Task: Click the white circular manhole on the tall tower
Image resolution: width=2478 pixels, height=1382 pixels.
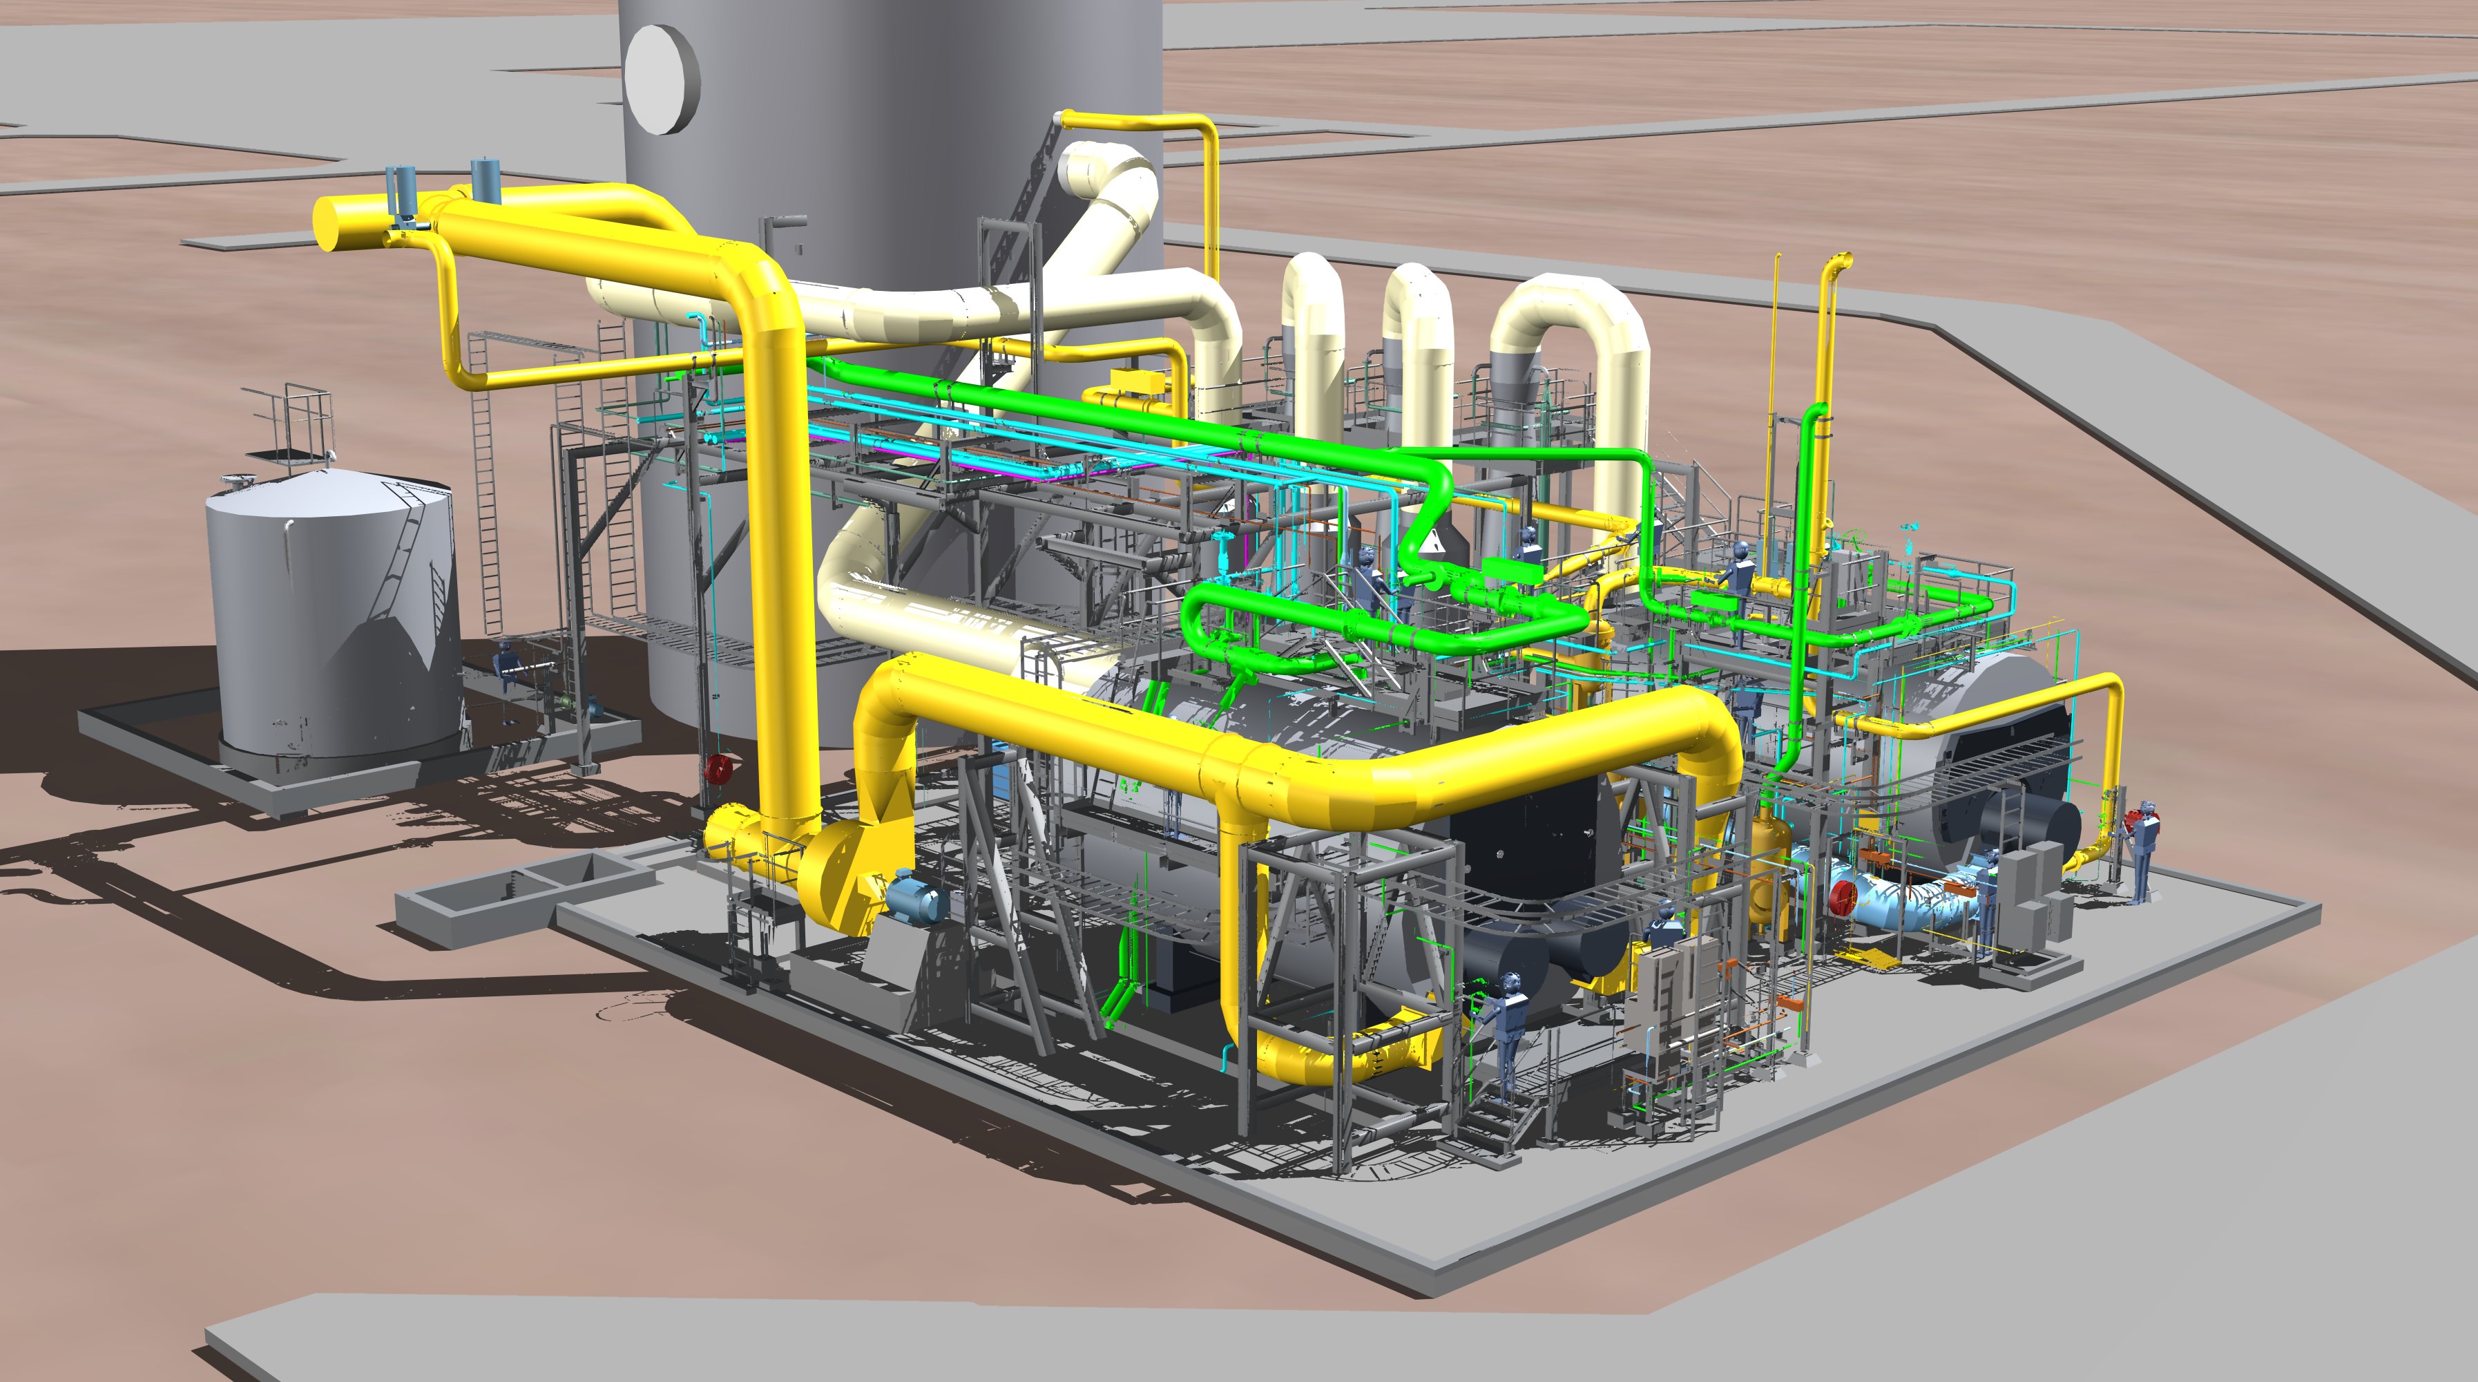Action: [x=661, y=79]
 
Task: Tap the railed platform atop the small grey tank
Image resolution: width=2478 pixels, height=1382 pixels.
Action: [x=289, y=424]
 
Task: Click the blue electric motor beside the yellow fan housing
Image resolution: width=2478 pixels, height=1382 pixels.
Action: [x=915, y=897]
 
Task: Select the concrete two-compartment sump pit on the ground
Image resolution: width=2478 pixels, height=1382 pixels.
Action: [x=524, y=885]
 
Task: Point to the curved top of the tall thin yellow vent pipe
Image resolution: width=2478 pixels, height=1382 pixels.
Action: [x=1837, y=262]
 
